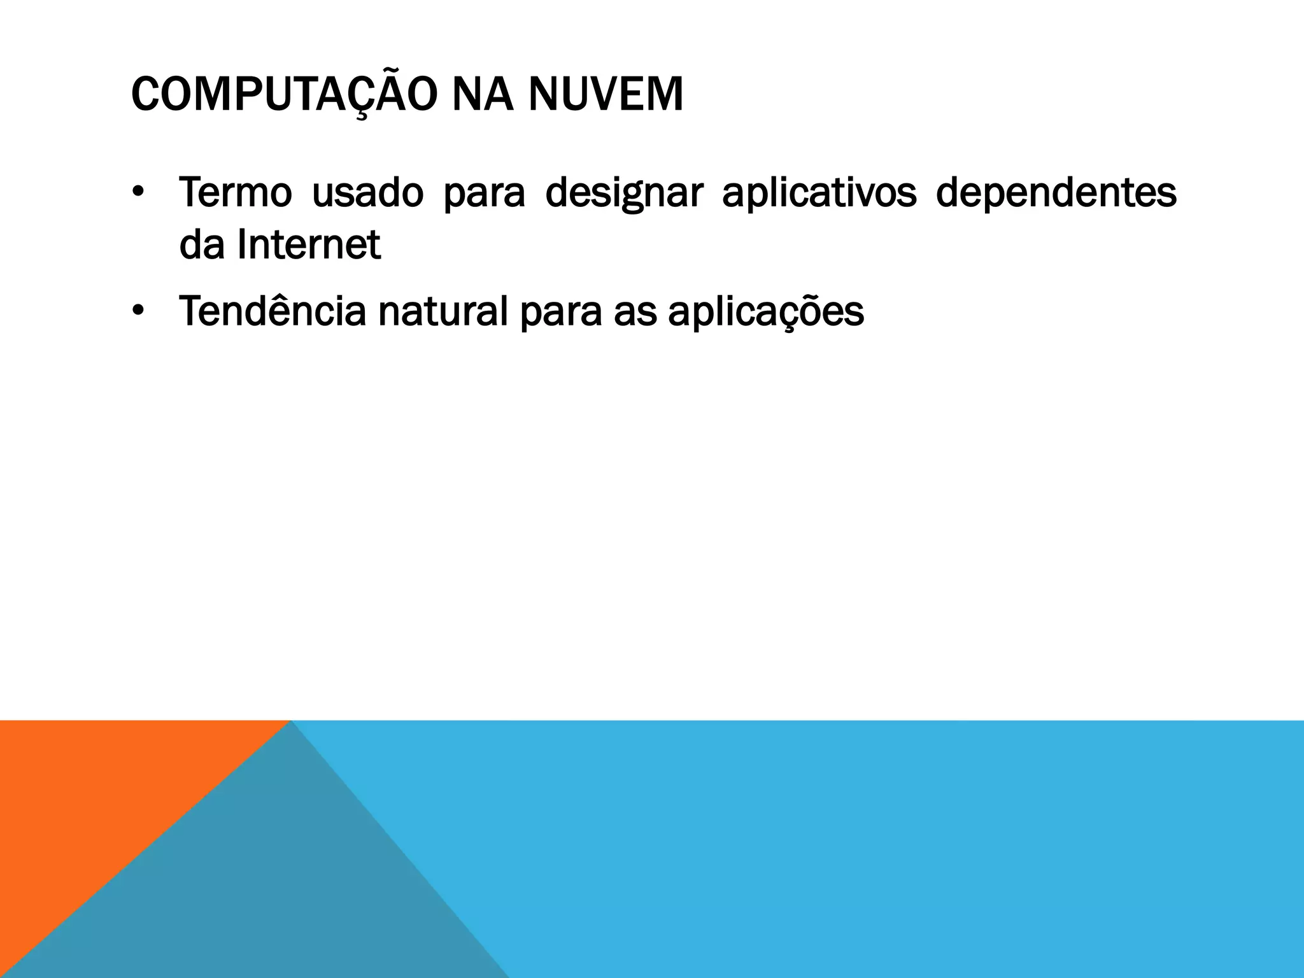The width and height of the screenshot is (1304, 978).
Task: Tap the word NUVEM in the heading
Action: [x=605, y=95]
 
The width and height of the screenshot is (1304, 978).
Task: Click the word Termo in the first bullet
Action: [x=235, y=192]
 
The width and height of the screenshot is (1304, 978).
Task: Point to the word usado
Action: [x=367, y=192]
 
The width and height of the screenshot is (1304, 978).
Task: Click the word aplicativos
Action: [x=819, y=192]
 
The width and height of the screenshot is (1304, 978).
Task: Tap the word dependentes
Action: [x=1056, y=194]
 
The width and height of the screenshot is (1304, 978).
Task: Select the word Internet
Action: [x=308, y=244]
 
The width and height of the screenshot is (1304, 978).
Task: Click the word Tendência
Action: [x=273, y=311]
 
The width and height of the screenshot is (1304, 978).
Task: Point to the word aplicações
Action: [x=766, y=313]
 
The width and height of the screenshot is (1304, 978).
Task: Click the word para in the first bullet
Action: [x=484, y=194]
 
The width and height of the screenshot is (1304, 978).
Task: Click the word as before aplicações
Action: [x=635, y=313]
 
